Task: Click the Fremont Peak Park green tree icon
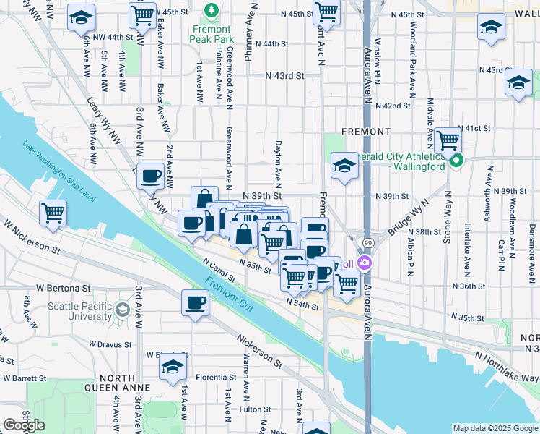(x=211, y=11)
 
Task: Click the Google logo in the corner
(x=24, y=425)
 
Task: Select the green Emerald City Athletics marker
(x=456, y=161)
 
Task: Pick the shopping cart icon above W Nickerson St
(x=53, y=215)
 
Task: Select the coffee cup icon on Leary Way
(x=150, y=176)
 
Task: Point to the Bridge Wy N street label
(x=406, y=216)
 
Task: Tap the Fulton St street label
(x=255, y=409)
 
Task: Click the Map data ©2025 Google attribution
(x=495, y=428)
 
